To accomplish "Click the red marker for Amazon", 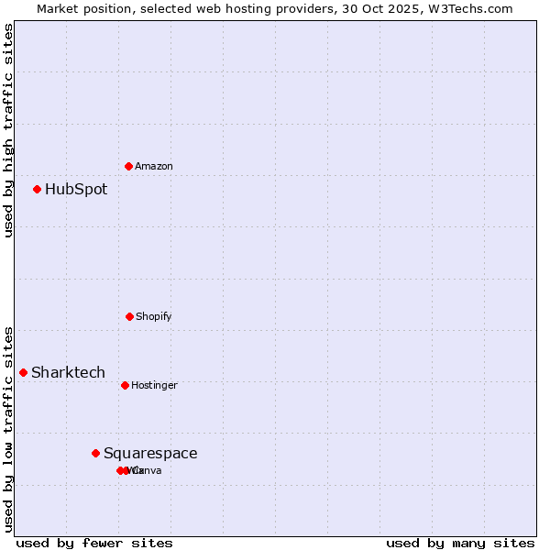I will (128, 166).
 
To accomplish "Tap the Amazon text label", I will (154, 167).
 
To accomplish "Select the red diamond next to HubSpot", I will (38, 190).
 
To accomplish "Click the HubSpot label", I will (76, 190).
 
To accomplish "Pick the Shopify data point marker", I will (129, 316).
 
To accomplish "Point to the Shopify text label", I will (154, 317).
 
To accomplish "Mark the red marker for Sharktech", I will (24, 372).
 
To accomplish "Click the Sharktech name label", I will (68, 372).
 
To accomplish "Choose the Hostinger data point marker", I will (125, 385).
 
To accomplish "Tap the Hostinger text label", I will (154, 386).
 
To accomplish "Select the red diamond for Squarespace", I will (95, 453).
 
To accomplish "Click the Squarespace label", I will (150, 454).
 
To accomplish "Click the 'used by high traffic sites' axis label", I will (8, 130).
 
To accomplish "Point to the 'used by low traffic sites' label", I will (8, 429).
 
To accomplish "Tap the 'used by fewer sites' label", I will (94, 543).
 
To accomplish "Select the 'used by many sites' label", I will (460, 543).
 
